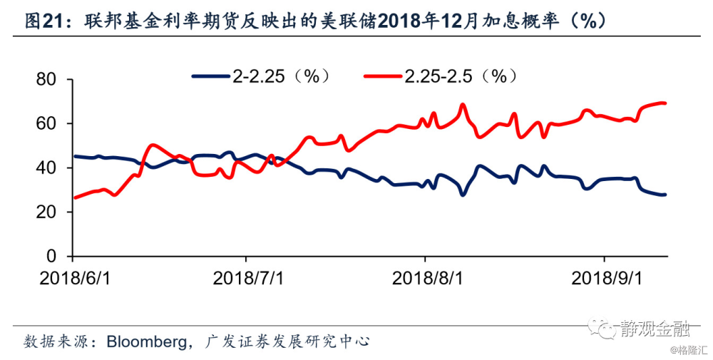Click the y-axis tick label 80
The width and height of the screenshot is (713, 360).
pyautogui.click(x=46, y=79)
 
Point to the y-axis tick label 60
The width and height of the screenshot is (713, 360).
pyautogui.click(x=46, y=123)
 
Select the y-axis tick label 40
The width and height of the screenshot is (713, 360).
pyautogui.click(x=46, y=168)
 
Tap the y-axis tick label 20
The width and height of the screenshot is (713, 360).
pyautogui.click(x=46, y=212)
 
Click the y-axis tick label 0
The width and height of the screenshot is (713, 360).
pyautogui.click(x=51, y=256)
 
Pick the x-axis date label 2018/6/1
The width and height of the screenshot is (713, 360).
pyautogui.click(x=75, y=278)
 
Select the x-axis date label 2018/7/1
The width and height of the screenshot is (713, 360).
pyautogui.click(x=248, y=278)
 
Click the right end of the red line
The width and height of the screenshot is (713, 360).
pyautogui.click(x=665, y=103)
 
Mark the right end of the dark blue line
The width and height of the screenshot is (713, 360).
pyautogui.click(x=665, y=195)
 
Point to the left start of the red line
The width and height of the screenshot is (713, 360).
pyautogui.click(x=75, y=197)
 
